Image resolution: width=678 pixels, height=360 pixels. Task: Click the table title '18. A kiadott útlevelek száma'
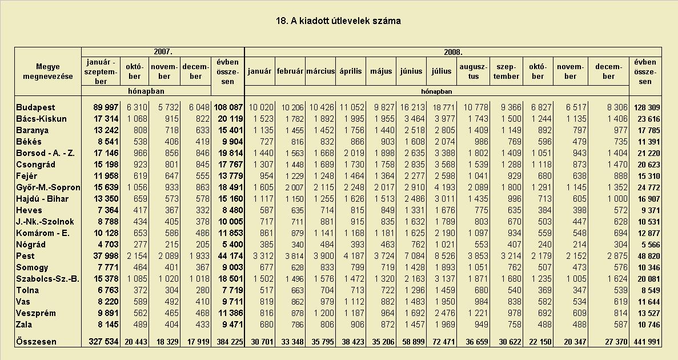point(338,21)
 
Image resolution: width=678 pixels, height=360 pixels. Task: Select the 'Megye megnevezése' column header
point(48,72)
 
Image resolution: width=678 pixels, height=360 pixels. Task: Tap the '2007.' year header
point(163,52)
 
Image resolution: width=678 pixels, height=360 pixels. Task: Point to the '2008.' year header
point(453,52)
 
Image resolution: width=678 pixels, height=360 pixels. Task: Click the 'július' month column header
point(442,71)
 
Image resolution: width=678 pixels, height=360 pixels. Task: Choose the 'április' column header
point(350,71)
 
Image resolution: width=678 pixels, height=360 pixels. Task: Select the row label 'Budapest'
point(35,107)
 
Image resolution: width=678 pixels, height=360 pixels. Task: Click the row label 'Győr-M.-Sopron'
point(48,187)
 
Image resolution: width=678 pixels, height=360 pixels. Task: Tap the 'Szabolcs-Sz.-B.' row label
point(47,279)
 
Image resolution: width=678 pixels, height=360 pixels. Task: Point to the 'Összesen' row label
point(36,342)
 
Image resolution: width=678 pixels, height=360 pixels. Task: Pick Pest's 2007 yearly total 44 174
point(228,256)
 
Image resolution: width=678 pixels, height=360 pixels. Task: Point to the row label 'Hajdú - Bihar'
point(42,199)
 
